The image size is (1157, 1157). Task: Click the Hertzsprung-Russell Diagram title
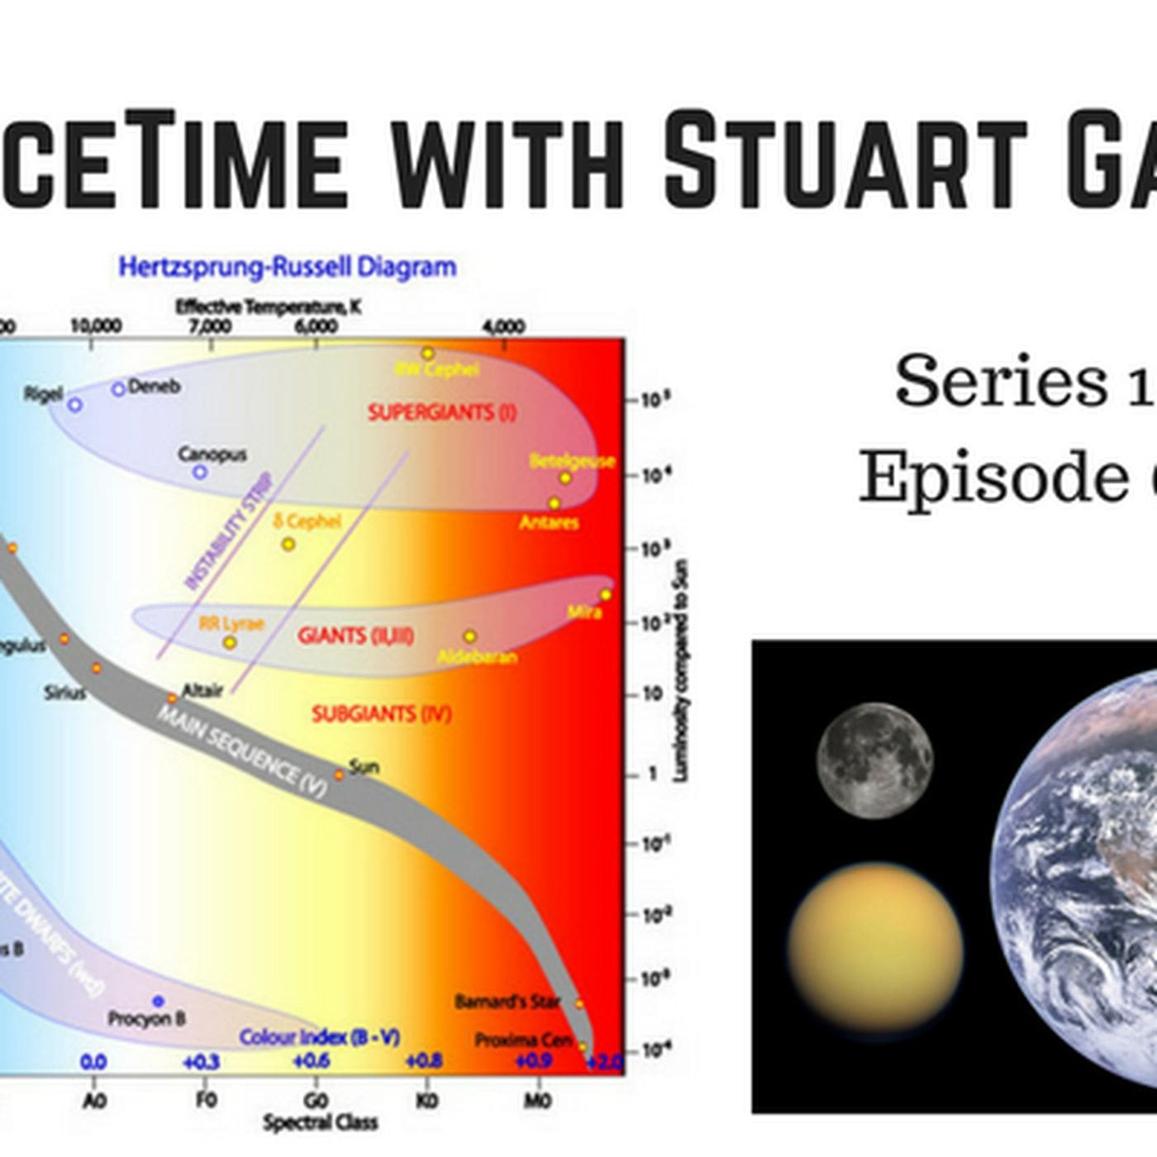(x=287, y=267)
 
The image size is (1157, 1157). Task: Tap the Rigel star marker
(x=75, y=405)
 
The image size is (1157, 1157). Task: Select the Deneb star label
(x=154, y=386)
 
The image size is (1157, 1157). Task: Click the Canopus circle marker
(x=199, y=472)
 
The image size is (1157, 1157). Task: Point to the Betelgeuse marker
(x=565, y=478)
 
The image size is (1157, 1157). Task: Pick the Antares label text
(x=549, y=522)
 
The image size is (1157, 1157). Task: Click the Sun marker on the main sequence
(x=339, y=774)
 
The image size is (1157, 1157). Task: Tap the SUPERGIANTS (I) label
(x=441, y=412)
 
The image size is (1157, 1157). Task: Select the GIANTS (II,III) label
(x=355, y=635)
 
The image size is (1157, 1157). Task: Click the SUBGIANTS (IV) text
(x=381, y=713)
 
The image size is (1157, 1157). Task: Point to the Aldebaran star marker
(x=469, y=636)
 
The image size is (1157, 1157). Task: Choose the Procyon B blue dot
(x=158, y=1002)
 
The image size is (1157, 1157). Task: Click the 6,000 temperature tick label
(x=316, y=326)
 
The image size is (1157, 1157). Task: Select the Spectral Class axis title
(x=320, y=1122)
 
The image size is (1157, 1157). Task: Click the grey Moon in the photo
(x=874, y=760)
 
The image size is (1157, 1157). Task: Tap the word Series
(x=1000, y=380)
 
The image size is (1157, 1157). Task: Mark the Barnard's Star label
(x=507, y=1002)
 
